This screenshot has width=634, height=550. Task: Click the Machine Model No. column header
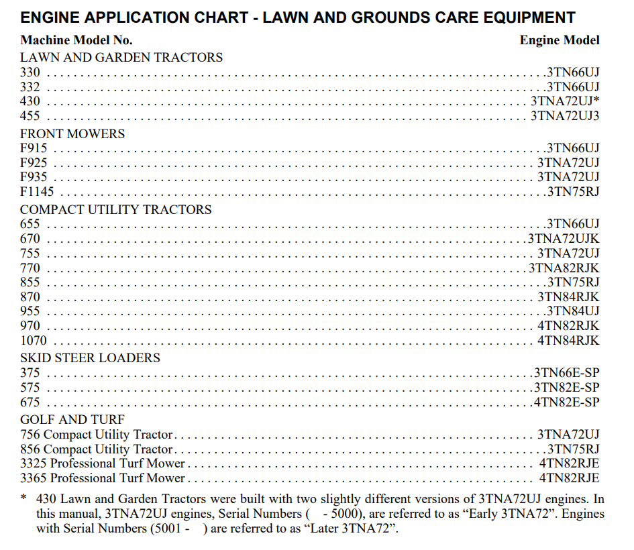coord(76,40)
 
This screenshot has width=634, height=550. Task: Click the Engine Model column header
coord(559,40)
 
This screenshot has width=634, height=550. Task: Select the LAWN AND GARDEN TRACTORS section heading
coord(121,58)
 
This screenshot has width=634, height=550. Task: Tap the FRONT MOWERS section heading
coord(72,133)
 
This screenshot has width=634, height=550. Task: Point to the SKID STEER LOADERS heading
coord(90,357)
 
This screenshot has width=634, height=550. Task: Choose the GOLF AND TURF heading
coord(72,420)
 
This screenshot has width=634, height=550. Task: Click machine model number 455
coord(30,116)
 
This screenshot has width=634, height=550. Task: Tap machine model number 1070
coord(34,341)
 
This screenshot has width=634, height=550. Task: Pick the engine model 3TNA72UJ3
coord(564,116)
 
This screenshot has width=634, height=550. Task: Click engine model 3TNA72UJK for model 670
coord(563,239)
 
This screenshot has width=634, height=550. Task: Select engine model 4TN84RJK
coord(568,341)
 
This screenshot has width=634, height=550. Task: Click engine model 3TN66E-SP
coord(566,373)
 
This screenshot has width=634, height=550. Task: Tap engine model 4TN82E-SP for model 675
coord(566,402)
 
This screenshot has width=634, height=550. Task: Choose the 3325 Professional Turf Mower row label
coord(103,463)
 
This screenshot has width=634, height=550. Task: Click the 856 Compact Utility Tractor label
coord(97,449)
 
